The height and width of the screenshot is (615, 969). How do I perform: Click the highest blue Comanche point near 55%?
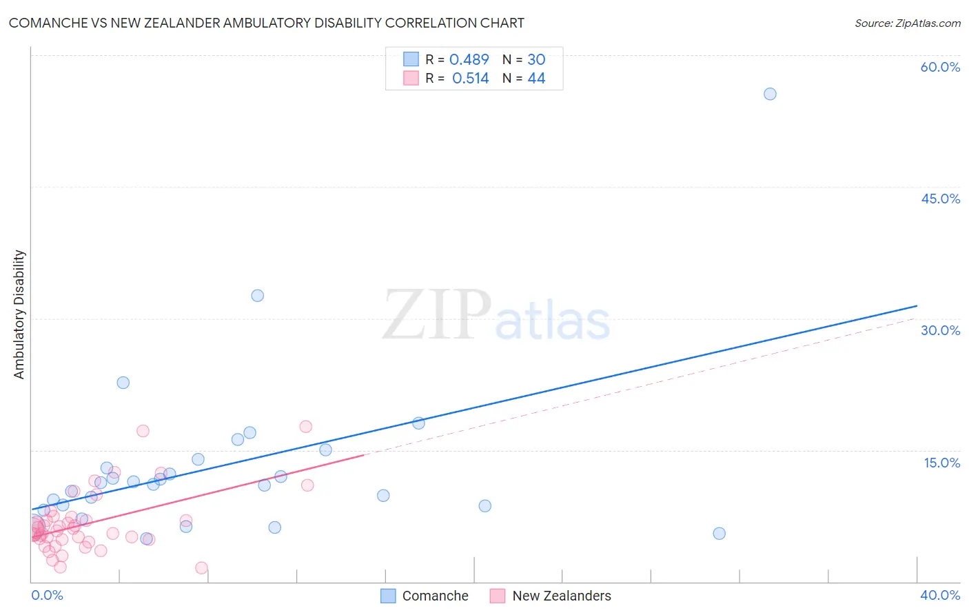click(770, 94)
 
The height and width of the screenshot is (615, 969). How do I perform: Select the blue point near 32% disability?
click(257, 296)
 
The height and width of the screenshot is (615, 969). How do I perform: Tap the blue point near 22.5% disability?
click(123, 383)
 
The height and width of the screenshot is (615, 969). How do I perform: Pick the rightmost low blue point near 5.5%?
click(719, 534)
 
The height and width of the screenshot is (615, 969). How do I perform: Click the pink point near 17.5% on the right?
click(305, 427)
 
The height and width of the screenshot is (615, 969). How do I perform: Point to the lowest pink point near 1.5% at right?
click(201, 568)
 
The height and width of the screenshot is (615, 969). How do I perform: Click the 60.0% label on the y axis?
click(940, 68)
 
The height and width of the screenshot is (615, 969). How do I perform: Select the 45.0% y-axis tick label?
click(940, 199)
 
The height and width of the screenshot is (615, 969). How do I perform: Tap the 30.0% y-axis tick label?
click(940, 331)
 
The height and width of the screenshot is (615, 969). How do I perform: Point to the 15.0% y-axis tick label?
click(941, 463)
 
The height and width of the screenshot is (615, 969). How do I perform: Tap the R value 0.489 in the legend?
click(469, 60)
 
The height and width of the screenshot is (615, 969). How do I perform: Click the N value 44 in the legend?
click(536, 79)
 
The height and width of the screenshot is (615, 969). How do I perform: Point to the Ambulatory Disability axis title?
click(19, 314)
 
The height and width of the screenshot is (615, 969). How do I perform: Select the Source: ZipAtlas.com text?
click(907, 23)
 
